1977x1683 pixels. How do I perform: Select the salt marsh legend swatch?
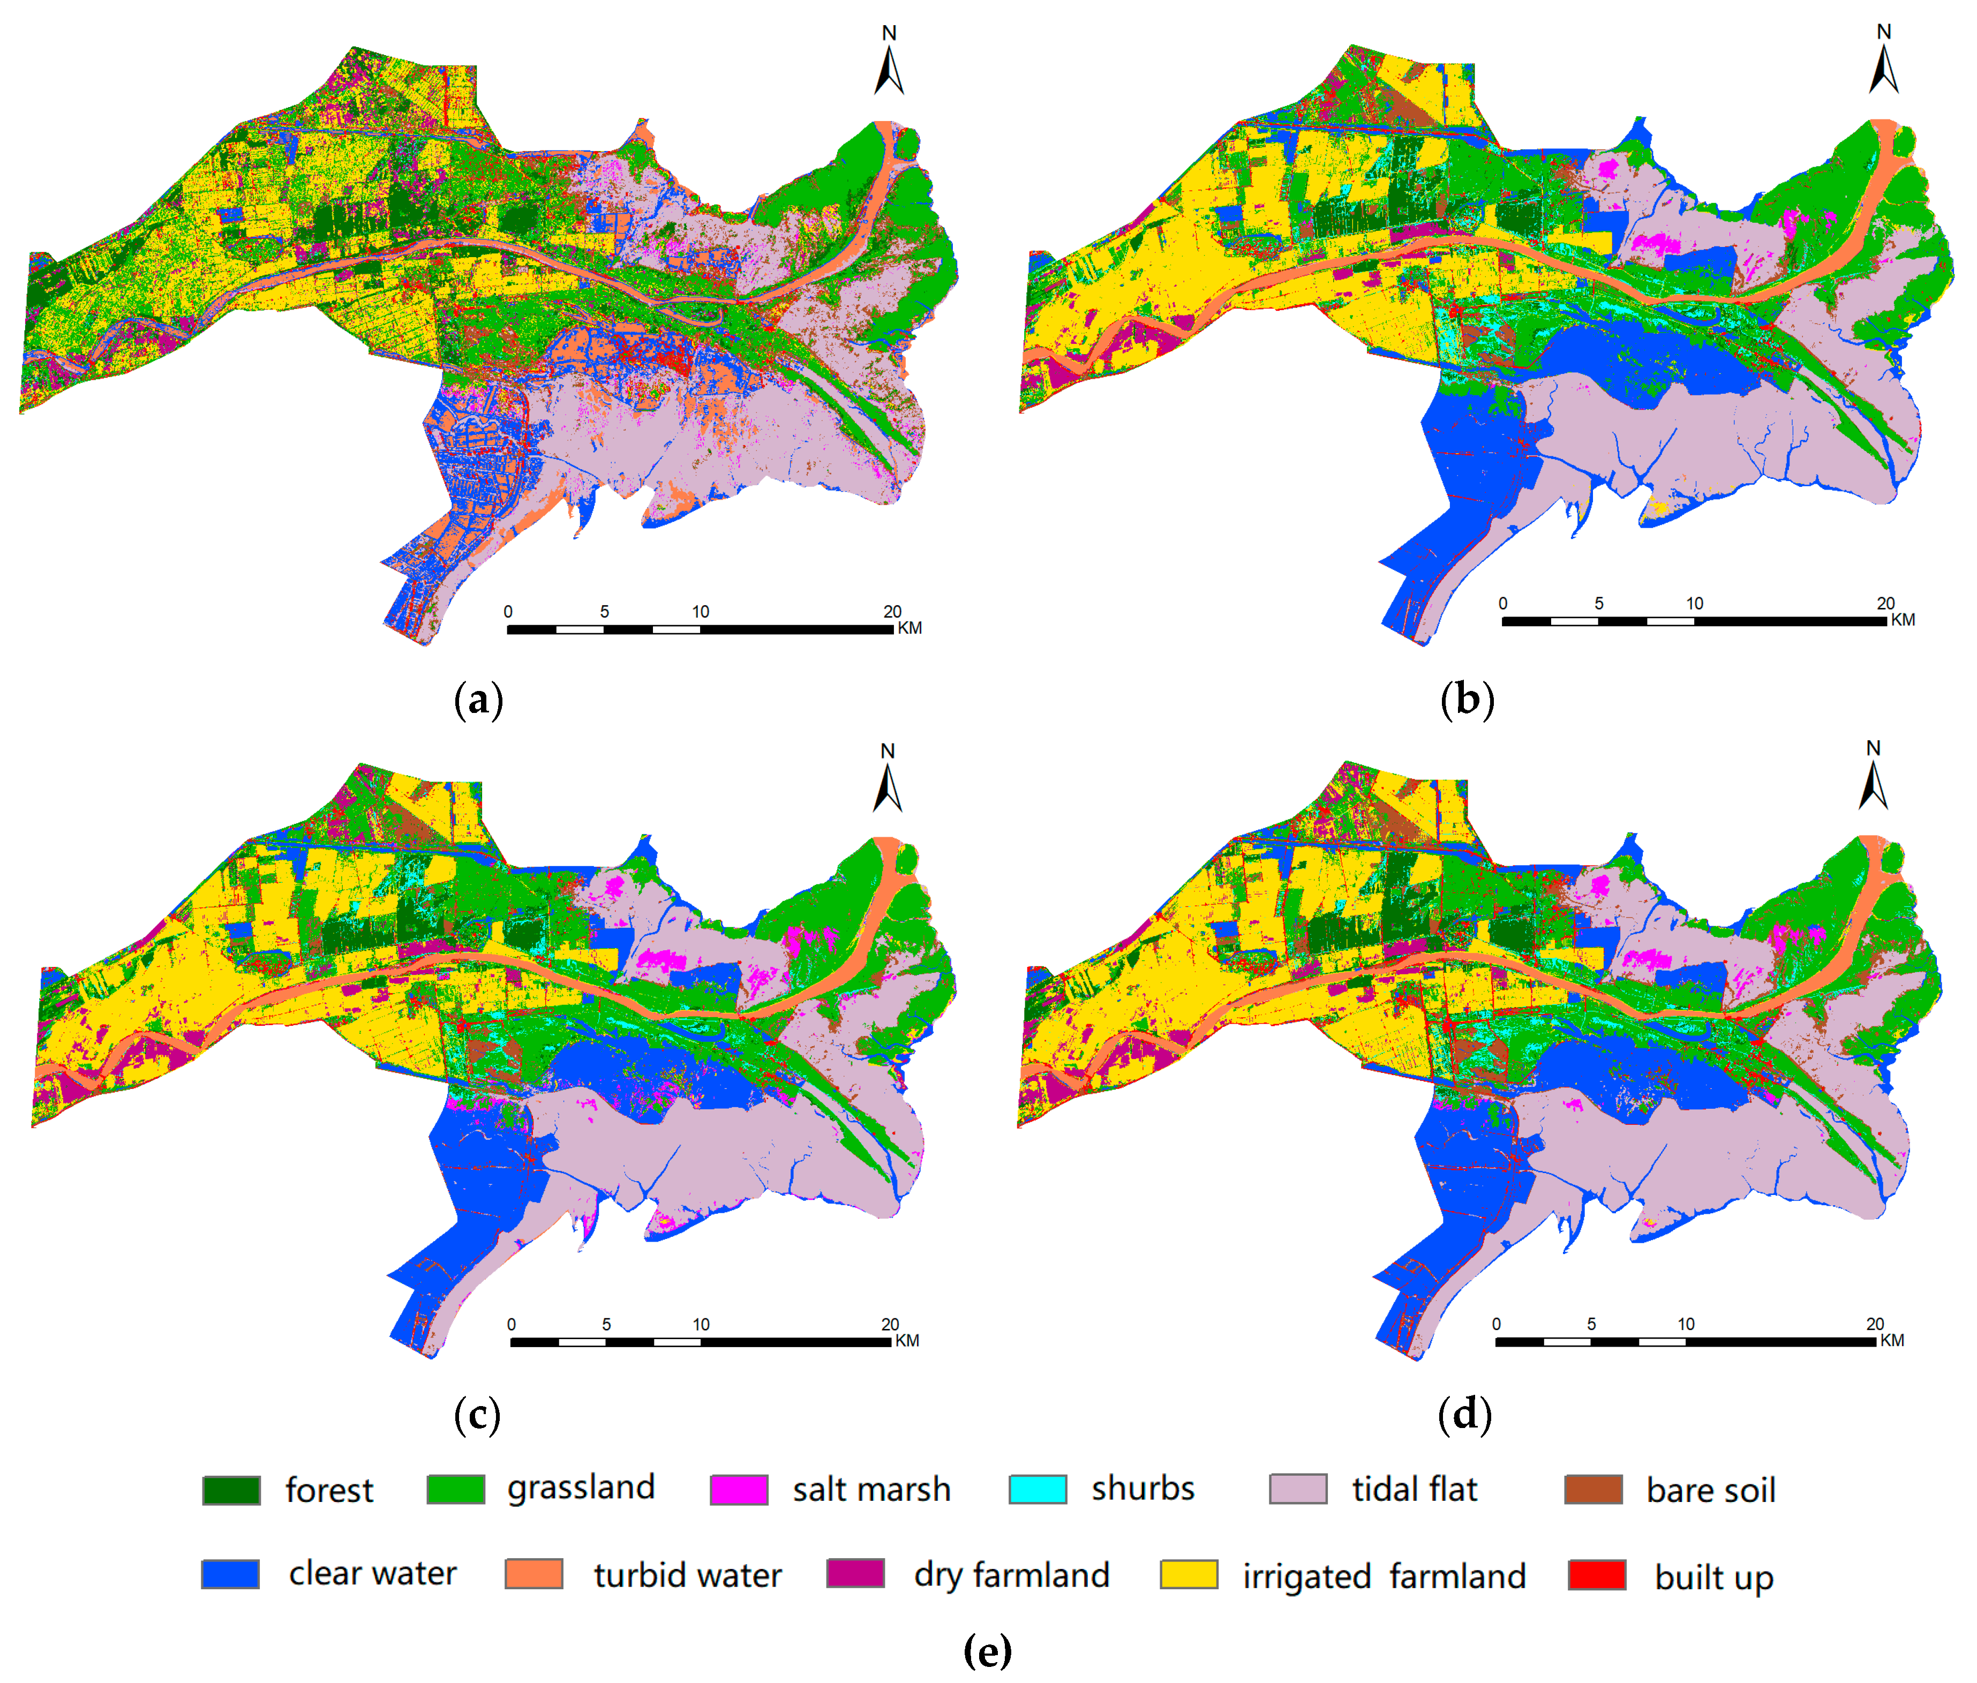pos(739,1489)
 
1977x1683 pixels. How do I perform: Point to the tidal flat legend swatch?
pos(1298,1489)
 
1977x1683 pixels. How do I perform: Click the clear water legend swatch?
pos(230,1573)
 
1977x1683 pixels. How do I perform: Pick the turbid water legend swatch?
pos(533,1573)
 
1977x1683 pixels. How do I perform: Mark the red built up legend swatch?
pos(1596,1574)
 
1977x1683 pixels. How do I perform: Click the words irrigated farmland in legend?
pos(1384,1576)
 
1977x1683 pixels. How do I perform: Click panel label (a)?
pos(478,700)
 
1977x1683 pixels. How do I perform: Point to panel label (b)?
pos(1467,700)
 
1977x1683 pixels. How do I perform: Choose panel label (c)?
pos(477,1414)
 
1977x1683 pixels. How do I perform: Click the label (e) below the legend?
pos(988,1650)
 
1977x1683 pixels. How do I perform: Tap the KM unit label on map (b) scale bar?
pos(1903,620)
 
